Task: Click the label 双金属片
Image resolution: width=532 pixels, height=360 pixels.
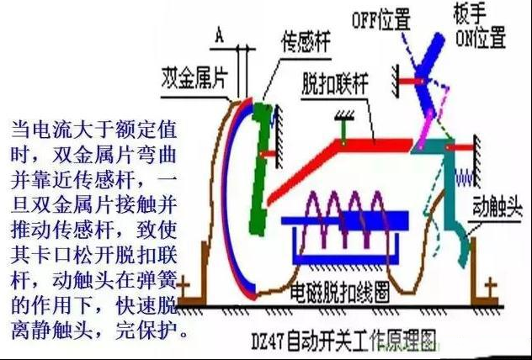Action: (x=194, y=78)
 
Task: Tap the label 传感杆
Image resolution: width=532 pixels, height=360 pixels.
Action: (x=306, y=41)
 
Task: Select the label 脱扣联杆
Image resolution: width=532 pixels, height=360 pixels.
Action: (x=334, y=83)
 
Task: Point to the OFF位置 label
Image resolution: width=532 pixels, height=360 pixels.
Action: (x=381, y=19)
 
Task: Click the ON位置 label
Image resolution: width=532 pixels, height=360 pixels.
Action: (x=481, y=37)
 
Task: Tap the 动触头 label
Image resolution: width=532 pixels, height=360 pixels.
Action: (x=497, y=206)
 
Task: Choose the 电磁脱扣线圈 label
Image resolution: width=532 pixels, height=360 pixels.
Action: (x=339, y=292)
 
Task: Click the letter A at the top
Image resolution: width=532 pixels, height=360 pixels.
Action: (x=220, y=35)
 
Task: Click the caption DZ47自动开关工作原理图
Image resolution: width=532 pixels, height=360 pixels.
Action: (x=343, y=341)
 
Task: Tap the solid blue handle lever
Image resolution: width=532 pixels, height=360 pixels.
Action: (x=428, y=73)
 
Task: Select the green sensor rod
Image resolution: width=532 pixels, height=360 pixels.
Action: (x=261, y=168)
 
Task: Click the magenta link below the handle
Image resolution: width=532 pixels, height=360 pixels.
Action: (x=427, y=130)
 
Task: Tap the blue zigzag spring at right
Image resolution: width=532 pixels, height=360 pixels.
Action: (x=465, y=178)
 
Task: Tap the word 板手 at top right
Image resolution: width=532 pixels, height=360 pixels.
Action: (x=470, y=14)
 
